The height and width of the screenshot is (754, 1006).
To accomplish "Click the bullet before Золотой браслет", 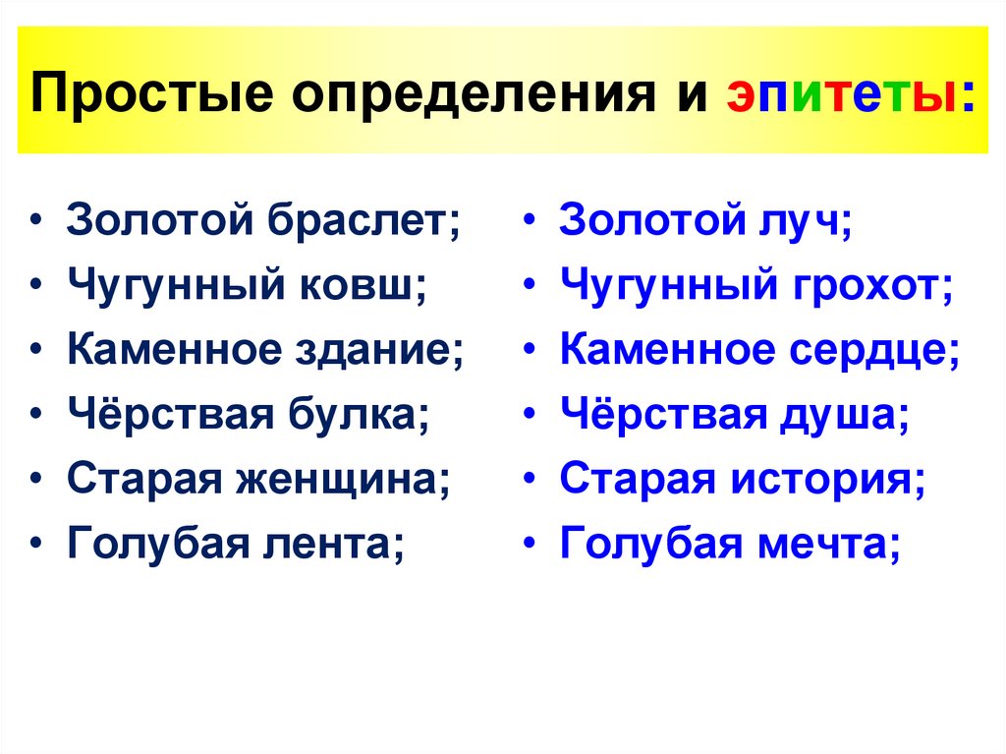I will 36,220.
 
